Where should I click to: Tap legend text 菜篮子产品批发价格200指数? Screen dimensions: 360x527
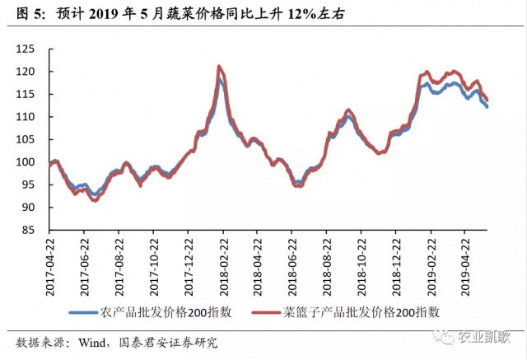(x=361, y=312)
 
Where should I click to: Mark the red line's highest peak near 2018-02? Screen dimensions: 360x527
(x=219, y=67)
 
